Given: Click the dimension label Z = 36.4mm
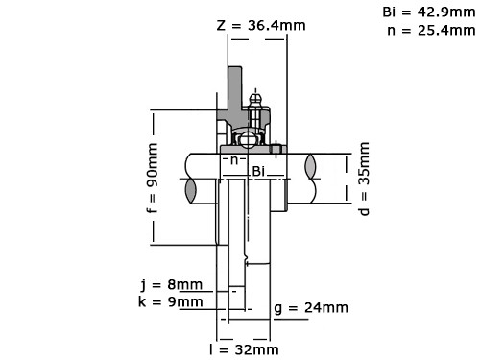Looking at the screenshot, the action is tap(261, 25).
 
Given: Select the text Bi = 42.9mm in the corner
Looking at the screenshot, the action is tap(429, 12).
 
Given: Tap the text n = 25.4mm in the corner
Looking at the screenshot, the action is tap(431, 31).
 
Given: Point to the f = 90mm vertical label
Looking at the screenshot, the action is tap(153, 178).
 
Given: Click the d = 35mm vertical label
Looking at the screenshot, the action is tap(364, 179).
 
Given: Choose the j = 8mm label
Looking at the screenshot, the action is tap(172, 284).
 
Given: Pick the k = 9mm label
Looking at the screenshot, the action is tap(171, 301).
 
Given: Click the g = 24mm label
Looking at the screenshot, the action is tap(311, 308).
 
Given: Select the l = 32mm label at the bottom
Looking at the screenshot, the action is tap(244, 349).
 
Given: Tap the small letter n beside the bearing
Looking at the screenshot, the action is tap(234, 160).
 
